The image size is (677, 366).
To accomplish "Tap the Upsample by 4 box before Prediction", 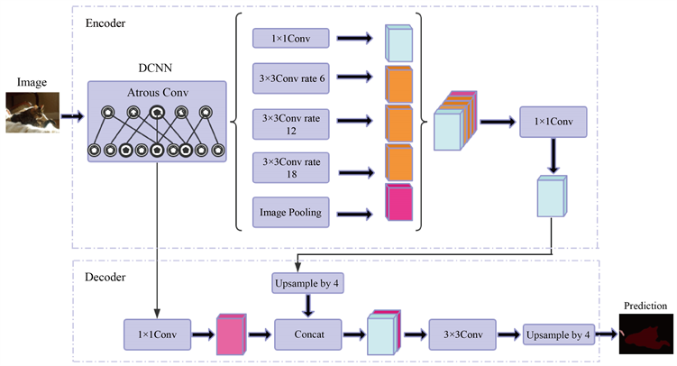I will pyautogui.click(x=559, y=333).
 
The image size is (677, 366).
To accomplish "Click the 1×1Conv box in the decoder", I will pyautogui.click(x=157, y=333).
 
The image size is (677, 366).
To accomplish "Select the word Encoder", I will pyautogui.click(x=105, y=21).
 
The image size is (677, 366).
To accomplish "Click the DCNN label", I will pyautogui.click(x=156, y=69).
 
